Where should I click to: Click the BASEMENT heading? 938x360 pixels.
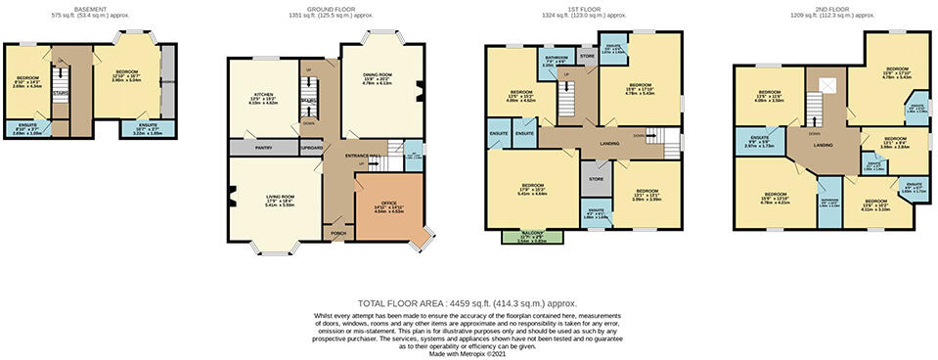coord(90,9)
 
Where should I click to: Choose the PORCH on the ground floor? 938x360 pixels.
coord(338,233)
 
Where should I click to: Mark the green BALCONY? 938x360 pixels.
coord(527,235)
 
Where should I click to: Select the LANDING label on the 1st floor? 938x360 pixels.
coord(608,144)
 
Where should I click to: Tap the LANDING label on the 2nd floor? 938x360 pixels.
coord(823,145)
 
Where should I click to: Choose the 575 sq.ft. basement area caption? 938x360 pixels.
coord(90,17)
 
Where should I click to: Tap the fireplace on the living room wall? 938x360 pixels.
coord(233,200)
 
